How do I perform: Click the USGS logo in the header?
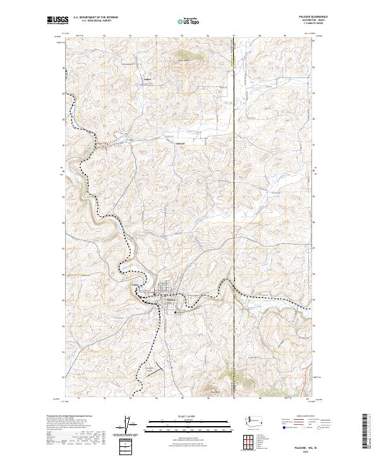click(x=57, y=20)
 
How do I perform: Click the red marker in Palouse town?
click(x=157, y=293)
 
